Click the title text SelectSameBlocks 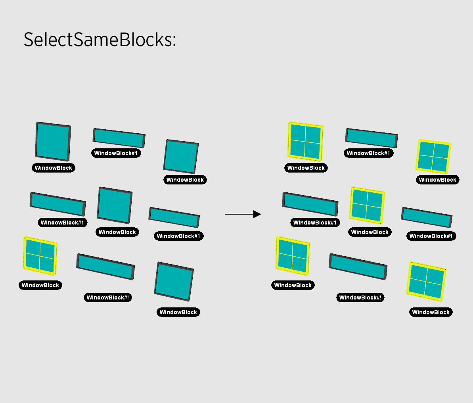(99, 40)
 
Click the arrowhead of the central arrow (258, 214)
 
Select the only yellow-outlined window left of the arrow (40, 256)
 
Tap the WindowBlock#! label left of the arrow (108, 297)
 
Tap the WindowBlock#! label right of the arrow (360, 297)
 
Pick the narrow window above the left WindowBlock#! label (105, 267)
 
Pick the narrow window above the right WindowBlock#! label (358, 267)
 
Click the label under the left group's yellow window (40, 285)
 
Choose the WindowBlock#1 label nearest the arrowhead (315, 223)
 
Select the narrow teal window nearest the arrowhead (310, 204)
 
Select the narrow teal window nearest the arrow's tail (174, 217)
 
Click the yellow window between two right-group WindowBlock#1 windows (367, 205)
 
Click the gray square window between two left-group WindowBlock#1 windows (115, 205)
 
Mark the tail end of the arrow (226, 214)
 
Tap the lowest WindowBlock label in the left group (178, 312)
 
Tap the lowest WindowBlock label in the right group (431, 312)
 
